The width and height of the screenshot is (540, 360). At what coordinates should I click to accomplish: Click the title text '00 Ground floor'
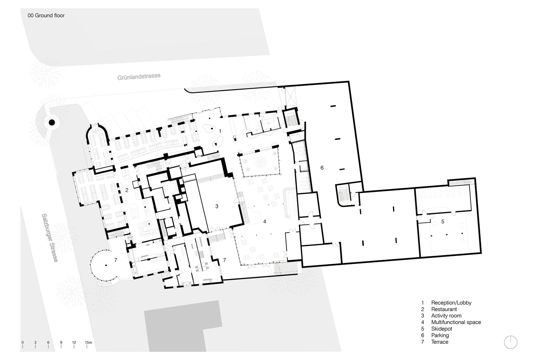46,16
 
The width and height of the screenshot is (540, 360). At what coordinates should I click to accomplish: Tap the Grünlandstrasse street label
139,76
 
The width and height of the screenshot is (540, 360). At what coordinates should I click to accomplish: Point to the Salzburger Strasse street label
50,238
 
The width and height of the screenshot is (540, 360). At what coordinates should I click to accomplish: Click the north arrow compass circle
511,342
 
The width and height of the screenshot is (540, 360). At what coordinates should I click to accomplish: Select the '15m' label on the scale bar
88,342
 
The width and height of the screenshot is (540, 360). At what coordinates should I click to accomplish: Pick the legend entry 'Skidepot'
442,329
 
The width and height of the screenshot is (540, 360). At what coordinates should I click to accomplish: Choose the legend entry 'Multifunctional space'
456,322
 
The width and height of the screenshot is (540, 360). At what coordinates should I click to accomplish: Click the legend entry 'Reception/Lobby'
451,303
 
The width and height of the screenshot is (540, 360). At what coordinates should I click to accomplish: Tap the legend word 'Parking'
440,335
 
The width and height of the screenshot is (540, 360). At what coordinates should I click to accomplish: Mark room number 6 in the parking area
322,168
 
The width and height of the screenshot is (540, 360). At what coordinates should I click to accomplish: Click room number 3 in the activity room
217,206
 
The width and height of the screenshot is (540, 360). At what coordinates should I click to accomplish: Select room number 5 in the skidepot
443,221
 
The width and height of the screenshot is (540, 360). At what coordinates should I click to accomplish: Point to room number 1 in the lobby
220,131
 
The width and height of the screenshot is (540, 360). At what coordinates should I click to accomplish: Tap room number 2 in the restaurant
127,190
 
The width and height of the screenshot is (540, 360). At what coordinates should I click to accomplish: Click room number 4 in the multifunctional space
264,221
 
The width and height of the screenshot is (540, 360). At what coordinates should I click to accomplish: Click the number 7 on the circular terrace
116,260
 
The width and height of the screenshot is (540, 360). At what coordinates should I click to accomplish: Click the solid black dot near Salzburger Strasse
52,122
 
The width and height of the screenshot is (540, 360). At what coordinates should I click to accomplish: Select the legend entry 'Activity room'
446,316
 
